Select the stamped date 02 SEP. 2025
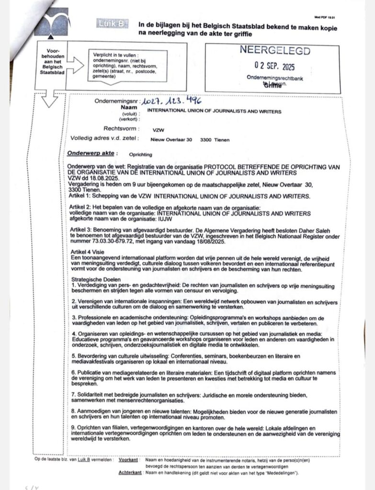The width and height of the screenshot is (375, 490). coord(274,66)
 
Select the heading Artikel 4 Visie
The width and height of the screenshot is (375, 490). coord(89,252)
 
